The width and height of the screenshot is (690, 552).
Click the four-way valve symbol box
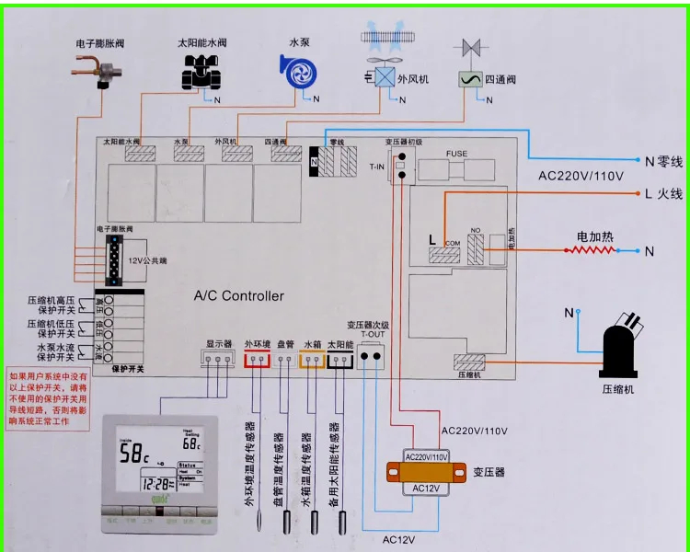click(471, 79)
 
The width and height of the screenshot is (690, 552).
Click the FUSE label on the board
click(456, 154)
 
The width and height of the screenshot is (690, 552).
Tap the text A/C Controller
click(238, 296)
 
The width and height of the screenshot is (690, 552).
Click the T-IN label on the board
click(376, 167)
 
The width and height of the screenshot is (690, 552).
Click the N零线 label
click(664, 161)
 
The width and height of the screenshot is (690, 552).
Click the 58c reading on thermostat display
click(132, 454)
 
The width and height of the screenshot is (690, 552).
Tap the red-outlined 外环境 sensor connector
click(257, 362)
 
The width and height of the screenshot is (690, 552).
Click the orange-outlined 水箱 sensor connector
click(312, 362)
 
